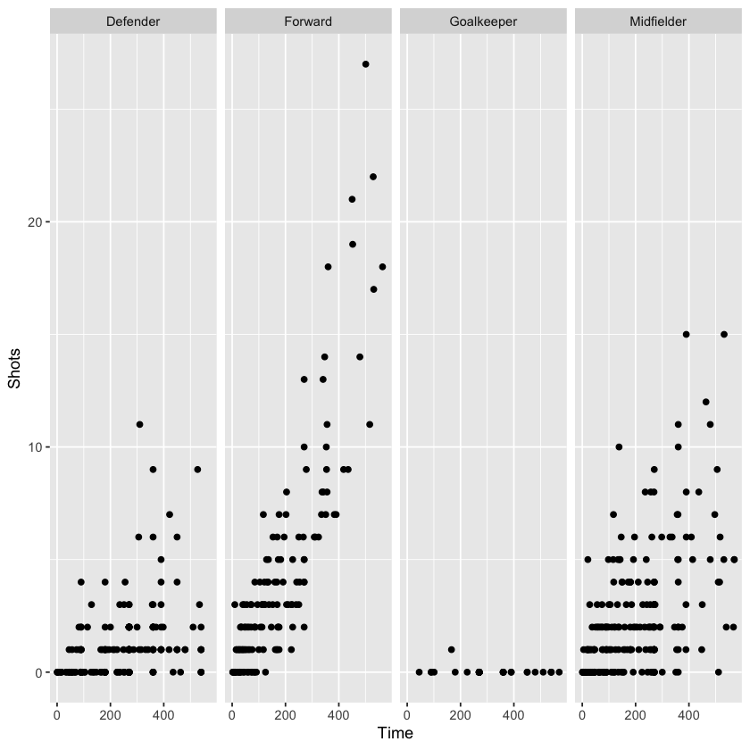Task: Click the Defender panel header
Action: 133,21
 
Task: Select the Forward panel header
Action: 308,21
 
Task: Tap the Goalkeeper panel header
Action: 483,21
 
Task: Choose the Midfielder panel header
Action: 658,21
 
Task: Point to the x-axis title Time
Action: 396,733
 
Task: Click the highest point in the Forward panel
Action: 366,64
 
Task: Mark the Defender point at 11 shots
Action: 139,424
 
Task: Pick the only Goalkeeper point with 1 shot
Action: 451,649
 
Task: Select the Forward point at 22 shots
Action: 373,177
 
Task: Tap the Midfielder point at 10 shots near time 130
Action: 619,446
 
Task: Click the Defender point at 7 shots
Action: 169,514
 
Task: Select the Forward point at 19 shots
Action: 353,244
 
